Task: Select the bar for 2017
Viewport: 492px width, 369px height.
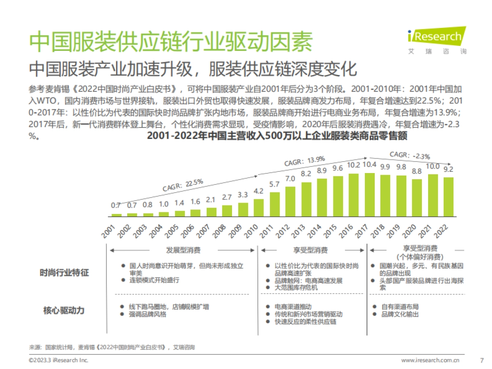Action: [x=369, y=194]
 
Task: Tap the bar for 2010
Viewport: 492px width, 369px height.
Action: [x=259, y=207]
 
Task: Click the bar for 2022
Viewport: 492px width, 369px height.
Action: [x=449, y=196]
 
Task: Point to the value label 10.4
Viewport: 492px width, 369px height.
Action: [x=369, y=165]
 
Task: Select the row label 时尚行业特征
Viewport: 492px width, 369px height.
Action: [x=64, y=273]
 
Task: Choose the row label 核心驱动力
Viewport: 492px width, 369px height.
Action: [x=64, y=310]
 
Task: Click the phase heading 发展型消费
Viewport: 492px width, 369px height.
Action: [x=183, y=250]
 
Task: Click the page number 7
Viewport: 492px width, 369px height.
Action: [x=481, y=360]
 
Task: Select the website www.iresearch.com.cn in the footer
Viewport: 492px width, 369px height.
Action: [x=430, y=360]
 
